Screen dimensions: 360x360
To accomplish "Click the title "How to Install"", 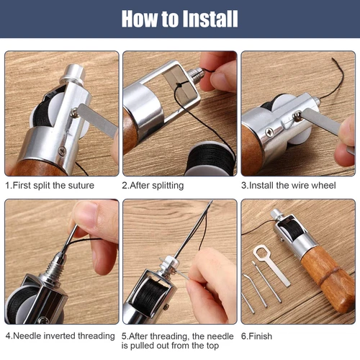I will pos(179,19).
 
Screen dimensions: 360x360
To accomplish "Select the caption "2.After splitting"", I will pos(153,185).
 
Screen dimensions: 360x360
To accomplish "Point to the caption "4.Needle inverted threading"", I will pos(60,336).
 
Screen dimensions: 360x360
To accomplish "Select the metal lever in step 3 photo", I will pos(320,122).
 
